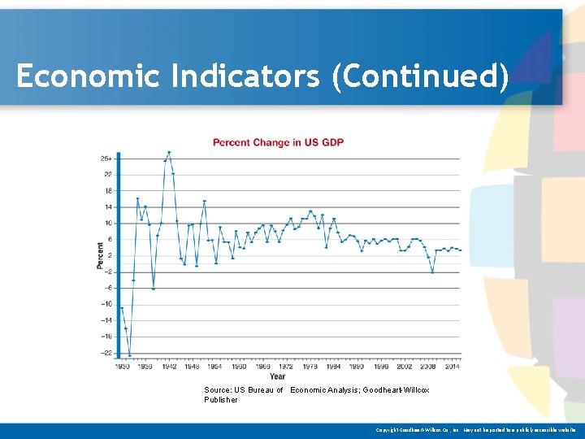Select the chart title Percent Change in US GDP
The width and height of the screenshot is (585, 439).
point(278,142)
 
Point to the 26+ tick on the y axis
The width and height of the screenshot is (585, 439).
point(106,158)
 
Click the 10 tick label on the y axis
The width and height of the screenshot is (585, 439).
point(108,223)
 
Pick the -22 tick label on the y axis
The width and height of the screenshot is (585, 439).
point(106,353)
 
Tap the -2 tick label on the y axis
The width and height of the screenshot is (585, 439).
point(107,272)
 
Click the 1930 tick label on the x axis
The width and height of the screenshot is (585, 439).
point(122,367)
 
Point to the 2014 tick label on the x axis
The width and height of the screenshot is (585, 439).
point(452,367)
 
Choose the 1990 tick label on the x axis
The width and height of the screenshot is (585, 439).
point(357,367)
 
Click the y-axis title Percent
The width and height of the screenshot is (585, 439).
point(100,255)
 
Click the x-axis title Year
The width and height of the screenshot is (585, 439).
point(278,376)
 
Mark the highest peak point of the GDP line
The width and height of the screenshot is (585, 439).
point(169,152)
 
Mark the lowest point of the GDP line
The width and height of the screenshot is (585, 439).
point(130,356)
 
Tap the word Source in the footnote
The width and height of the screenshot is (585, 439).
point(217,390)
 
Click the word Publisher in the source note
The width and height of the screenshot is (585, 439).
point(221,400)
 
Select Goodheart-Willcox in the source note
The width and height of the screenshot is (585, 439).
point(399,390)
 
